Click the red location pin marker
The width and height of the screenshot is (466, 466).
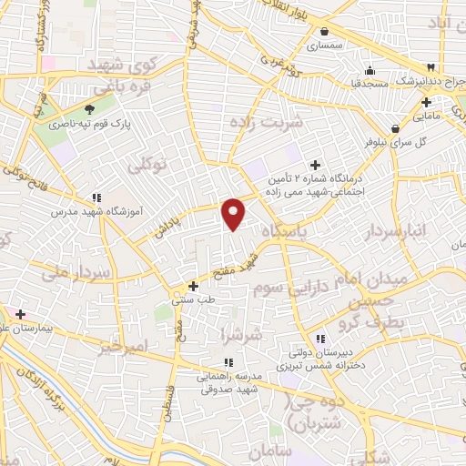[x=234, y=213]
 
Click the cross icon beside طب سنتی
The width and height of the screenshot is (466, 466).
[x=193, y=286]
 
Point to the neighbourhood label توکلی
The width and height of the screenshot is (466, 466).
[x=147, y=165]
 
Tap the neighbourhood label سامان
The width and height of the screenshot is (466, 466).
[x=291, y=450]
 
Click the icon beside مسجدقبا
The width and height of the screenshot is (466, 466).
[x=369, y=72]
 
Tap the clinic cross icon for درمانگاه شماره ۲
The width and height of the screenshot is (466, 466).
[x=315, y=165]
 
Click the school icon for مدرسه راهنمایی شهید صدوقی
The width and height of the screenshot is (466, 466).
[x=228, y=362]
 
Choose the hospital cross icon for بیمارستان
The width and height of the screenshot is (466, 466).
[x=21, y=314]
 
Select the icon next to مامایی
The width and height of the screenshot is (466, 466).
[x=427, y=102]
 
